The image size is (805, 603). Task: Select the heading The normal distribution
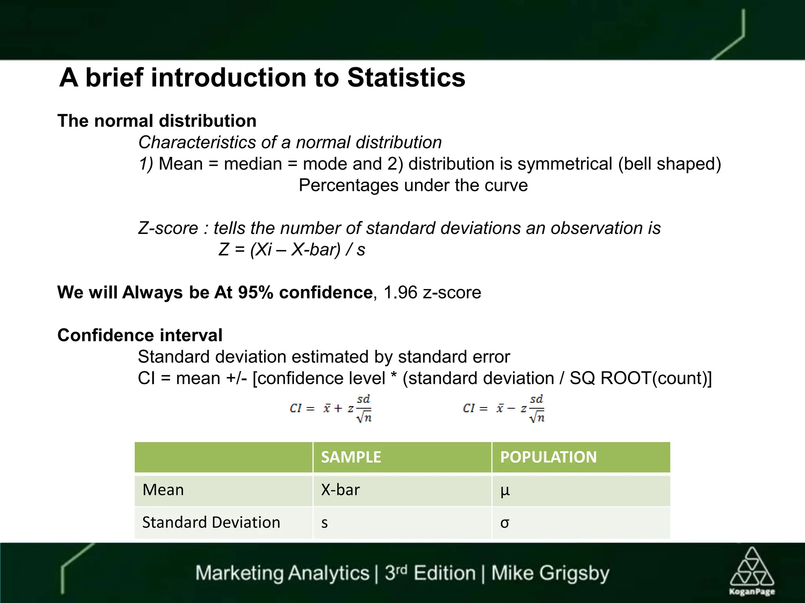(x=157, y=121)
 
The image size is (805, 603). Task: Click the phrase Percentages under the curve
(x=413, y=185)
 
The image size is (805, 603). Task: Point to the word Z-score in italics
(x=168, y=228)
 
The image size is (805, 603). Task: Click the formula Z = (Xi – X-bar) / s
(x=292, y=250)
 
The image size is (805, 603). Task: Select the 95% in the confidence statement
(x=255, y=292)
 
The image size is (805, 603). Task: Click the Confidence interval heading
(x=140, y=335)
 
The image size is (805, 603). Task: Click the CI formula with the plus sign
(x=331, y=409)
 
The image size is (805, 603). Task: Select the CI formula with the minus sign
(x=504, y=409)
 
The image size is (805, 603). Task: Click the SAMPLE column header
(x=351, y=457)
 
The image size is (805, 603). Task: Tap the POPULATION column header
(x=548, y=457)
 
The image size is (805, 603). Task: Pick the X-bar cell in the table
(x=340, y=490)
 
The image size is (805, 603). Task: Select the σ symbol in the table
(x=505, y=523)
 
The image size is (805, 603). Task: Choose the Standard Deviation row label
(x=211, y=523)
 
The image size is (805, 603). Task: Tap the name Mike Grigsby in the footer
(x=550, y=573)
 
